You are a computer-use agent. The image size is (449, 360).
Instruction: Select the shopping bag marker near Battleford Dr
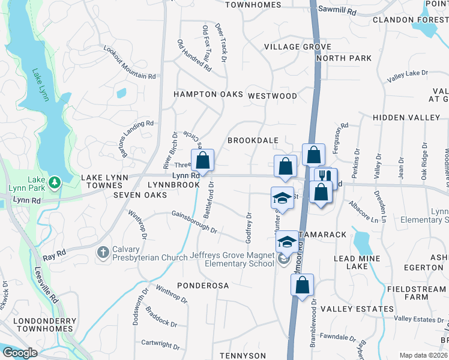202,161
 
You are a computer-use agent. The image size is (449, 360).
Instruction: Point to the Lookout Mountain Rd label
129,63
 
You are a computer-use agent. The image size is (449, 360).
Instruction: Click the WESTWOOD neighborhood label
272,96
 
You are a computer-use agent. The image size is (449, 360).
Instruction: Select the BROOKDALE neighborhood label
253,140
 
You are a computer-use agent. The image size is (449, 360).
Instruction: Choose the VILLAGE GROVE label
298,47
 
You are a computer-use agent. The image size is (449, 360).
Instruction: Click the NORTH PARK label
344,58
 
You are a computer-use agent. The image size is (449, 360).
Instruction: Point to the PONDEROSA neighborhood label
202,286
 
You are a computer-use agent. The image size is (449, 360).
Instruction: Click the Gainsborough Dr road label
193,221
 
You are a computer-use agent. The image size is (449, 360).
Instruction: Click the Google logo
19,353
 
